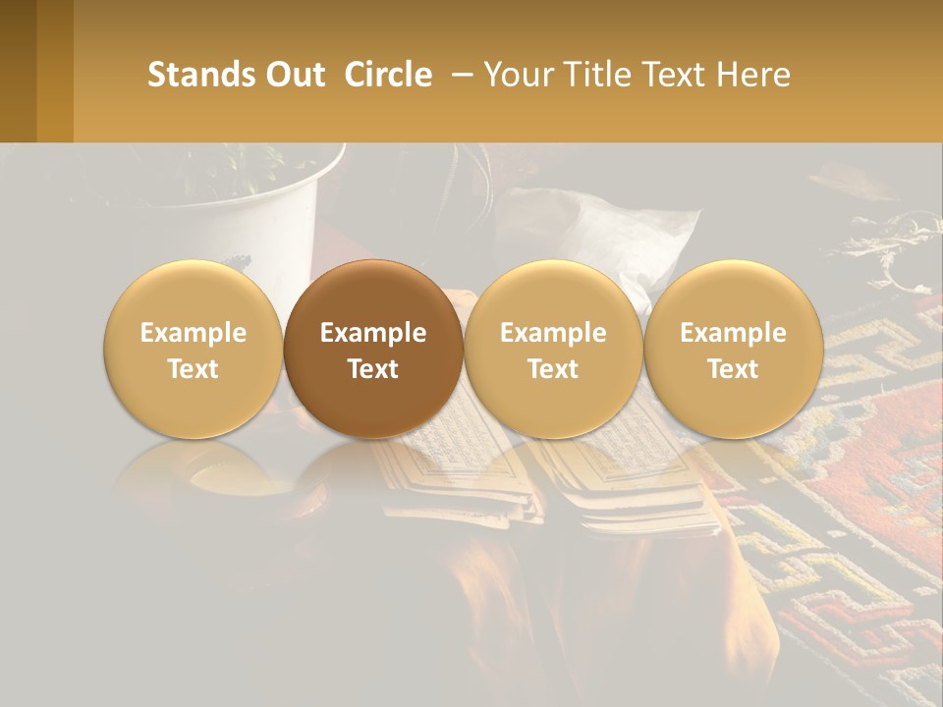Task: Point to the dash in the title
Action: (458, 75)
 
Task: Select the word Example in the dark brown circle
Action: (373, 333)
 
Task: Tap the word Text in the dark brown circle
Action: (373, 369)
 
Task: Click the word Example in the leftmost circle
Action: (193, 333)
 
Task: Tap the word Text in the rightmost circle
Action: (733, 369)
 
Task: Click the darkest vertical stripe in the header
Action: (18, 71)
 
